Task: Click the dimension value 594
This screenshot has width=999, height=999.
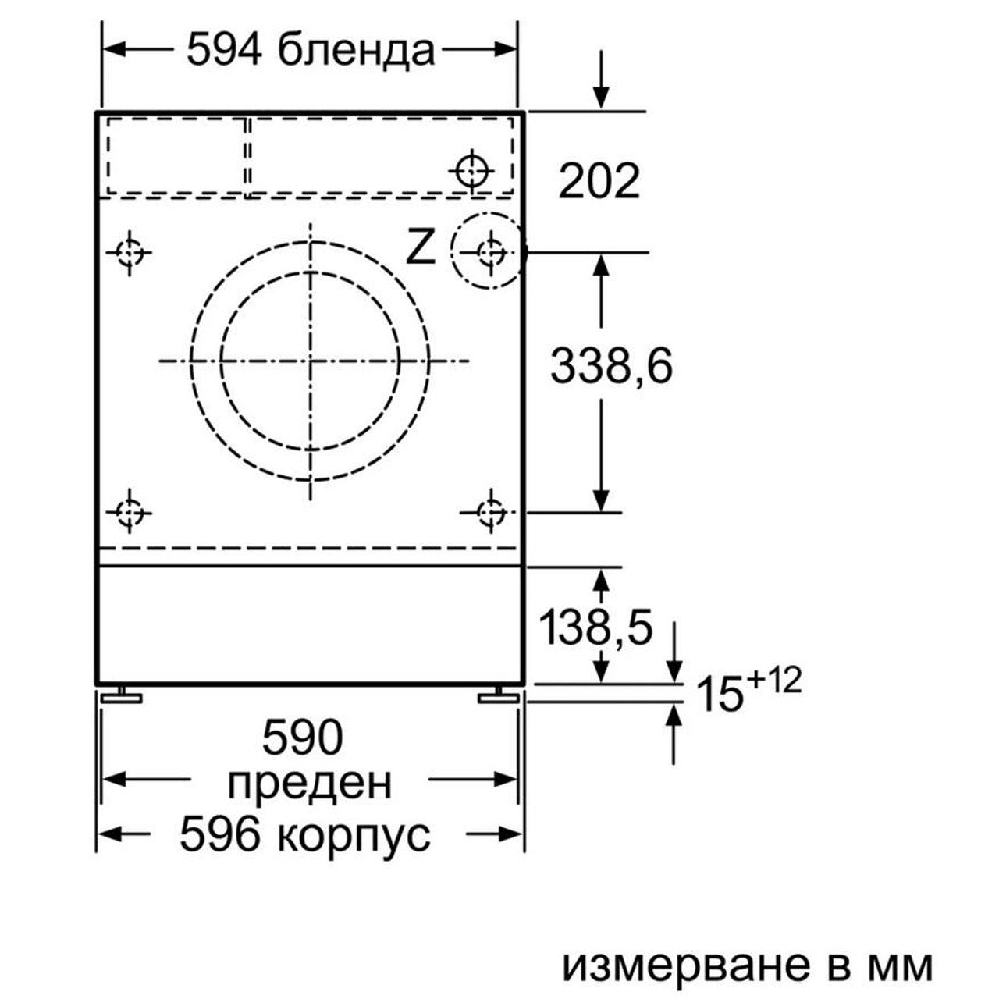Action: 223,50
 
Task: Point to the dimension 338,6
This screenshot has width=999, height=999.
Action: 611,366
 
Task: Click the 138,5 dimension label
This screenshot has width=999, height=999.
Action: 596,627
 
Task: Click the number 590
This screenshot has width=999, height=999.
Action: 302,737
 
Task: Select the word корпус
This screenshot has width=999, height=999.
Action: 352,834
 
